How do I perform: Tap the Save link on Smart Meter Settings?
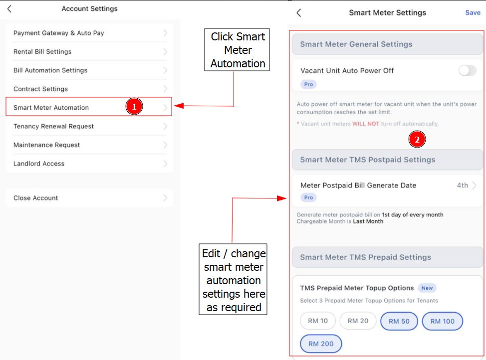(473, 12)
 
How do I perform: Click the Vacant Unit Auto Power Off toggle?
(468, 71)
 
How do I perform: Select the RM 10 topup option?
(318, 321)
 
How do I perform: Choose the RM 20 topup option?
(358, 321)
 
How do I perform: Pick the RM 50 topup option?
(399, 321)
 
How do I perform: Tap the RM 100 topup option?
(442, 321)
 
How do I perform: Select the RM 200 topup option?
(321, 344)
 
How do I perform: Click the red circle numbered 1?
(134, 106)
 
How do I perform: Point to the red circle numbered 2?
(417, 139)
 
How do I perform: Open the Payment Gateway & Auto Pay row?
(89, 33)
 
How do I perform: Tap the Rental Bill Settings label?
(42, 52)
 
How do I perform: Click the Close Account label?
(35, 198)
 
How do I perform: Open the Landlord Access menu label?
(39, 164)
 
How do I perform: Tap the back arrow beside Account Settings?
(9, 8)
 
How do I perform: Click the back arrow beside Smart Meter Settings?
(298, 12)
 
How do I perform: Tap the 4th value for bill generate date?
(462, 185)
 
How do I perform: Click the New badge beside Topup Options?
(427, 288)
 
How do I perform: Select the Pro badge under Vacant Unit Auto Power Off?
(308, 84)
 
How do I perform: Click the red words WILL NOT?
(365, 124)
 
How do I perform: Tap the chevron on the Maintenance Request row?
(165, 145)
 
